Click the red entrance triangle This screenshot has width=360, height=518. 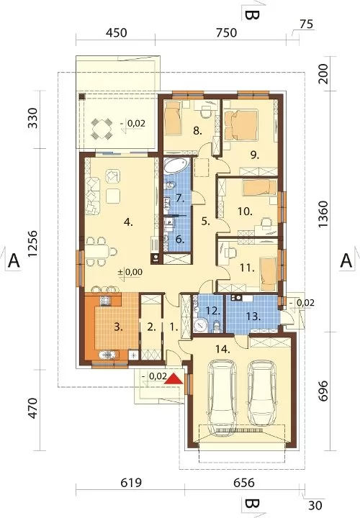[174, 378]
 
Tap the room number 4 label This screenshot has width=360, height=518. [128, 222]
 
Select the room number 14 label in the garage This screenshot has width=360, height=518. [222, 349]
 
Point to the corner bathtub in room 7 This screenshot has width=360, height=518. [176, 165]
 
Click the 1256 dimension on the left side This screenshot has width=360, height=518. [34, 244]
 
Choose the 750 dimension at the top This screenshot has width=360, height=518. [227, 32]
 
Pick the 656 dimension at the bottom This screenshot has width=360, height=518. [244, 483]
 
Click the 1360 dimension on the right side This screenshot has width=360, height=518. [323, 214]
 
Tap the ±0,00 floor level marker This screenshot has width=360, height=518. [130, 272]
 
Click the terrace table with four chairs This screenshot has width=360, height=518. [102, 129]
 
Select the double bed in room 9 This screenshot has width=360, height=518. [241, 124]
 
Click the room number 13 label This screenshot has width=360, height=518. [253, 317]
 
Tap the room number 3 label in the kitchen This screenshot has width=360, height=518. [118, 328]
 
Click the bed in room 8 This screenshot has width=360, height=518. [174, 118]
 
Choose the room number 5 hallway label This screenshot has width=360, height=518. [206, 222]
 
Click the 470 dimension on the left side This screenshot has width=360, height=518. [34, 408]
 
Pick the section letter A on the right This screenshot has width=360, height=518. [346, 261]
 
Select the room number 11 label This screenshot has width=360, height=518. [247, 268]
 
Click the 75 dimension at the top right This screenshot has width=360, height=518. [306, 24]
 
